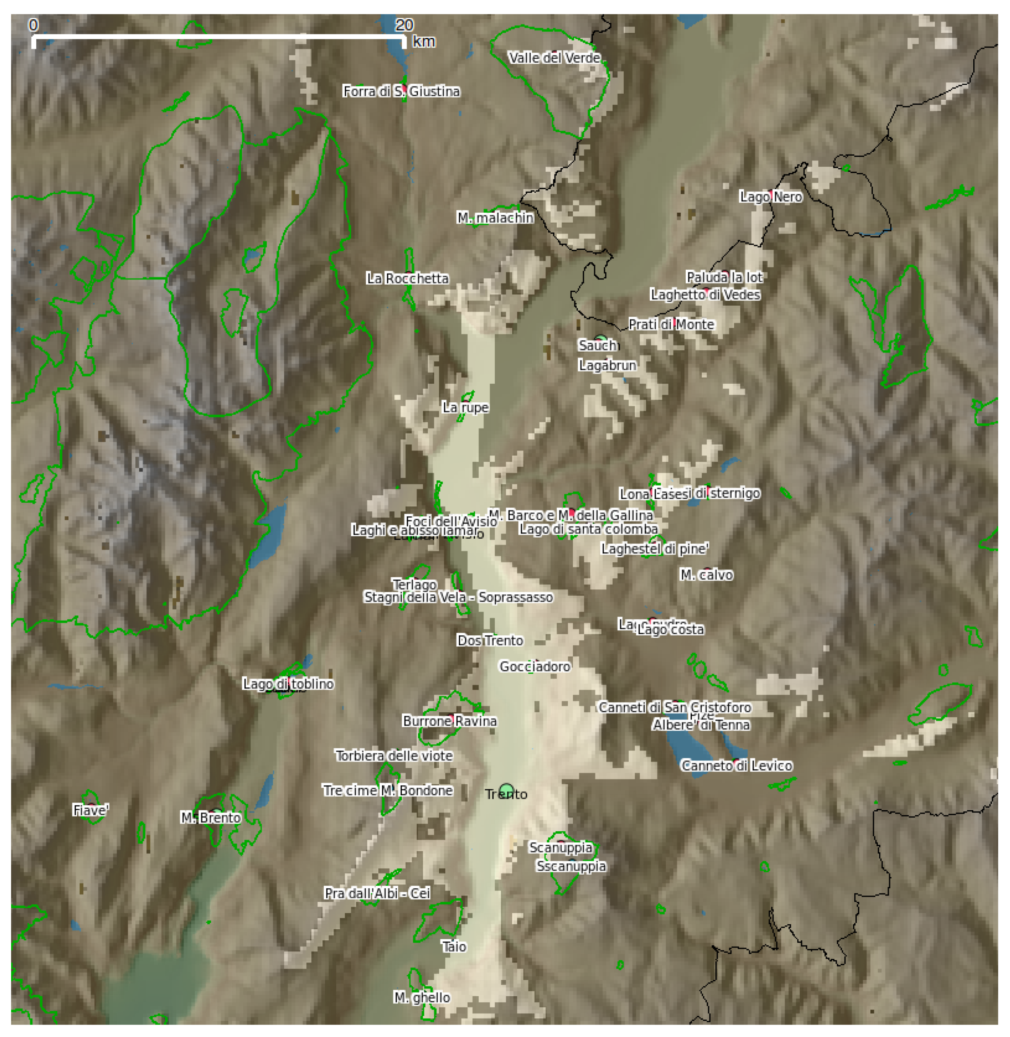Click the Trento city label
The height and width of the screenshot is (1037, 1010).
506,794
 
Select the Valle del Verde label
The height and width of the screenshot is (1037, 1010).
554,58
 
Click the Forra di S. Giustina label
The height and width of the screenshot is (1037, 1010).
401,91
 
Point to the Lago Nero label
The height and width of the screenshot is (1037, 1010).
771,197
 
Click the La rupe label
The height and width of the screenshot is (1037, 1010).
465,407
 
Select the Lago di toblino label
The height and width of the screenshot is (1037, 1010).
288,684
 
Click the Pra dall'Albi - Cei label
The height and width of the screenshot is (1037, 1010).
377,893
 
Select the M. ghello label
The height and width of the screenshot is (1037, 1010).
422,997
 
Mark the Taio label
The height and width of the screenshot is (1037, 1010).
454,946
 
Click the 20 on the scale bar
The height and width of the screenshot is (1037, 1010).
404,25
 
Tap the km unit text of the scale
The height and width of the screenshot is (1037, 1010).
424,41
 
